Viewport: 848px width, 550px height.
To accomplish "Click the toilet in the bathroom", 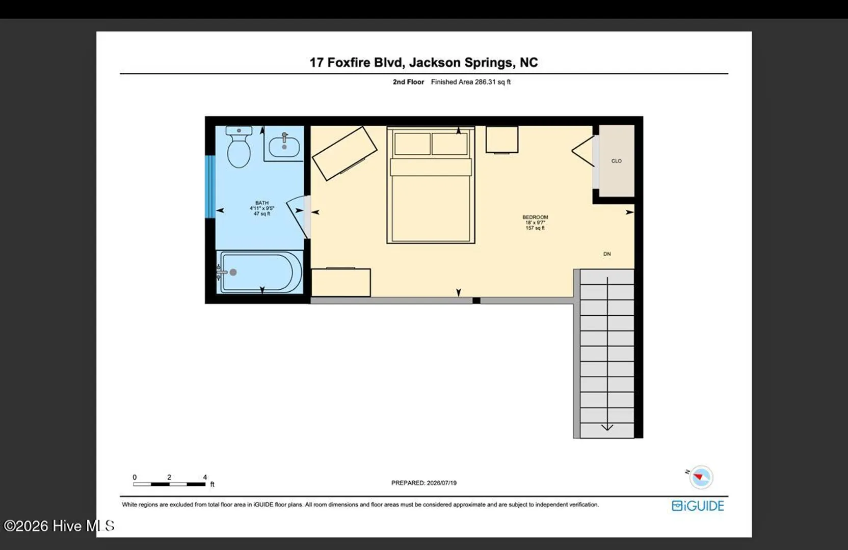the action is coord(239,147).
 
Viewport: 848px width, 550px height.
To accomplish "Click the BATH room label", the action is coord(262,203).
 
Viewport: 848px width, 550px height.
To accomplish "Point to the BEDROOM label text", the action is coord(535,217).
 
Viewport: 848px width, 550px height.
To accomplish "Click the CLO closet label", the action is coord(616,161).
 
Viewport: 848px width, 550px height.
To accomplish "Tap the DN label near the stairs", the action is coord(607,254).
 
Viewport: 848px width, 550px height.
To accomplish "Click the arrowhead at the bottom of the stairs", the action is coord(607,427).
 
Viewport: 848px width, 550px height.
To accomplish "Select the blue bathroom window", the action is coord(210,186).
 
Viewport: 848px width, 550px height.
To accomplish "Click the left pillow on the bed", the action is coord(412,144).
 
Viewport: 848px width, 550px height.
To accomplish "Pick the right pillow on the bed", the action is coord(450,144).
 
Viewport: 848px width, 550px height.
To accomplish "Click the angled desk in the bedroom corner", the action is coord(344,153).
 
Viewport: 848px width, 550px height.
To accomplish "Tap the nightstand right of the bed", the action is coord(502,140).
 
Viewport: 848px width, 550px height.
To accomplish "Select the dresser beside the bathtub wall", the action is coord(341,283).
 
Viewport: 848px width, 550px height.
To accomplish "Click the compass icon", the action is coord(701,477).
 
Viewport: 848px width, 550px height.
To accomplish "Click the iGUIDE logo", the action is coord(698,506).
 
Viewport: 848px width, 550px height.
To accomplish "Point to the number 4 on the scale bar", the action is coord(205,477).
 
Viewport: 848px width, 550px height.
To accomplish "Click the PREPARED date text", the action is coord(424,483).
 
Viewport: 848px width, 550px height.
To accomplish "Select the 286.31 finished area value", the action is coord(485,81).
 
